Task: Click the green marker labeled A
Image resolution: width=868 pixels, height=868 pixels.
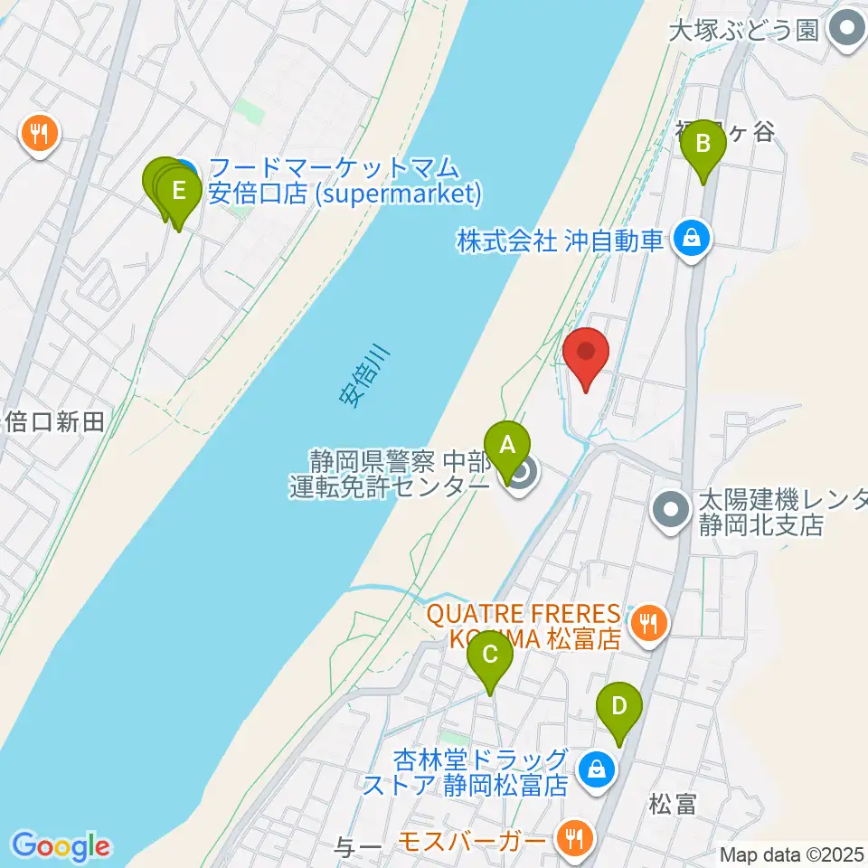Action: tap(507, 445)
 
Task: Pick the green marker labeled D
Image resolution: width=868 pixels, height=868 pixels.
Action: tap(619, 705)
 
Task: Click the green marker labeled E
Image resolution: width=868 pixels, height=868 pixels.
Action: tap(179, 192)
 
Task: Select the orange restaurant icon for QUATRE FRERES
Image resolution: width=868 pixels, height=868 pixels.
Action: tap(647, 621)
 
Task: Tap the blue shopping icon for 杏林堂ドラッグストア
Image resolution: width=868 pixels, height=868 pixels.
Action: tap(597, 769)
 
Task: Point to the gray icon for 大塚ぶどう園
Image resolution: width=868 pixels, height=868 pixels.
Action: tap(847, 30)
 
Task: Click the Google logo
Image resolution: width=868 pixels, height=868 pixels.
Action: tap(61, 847)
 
